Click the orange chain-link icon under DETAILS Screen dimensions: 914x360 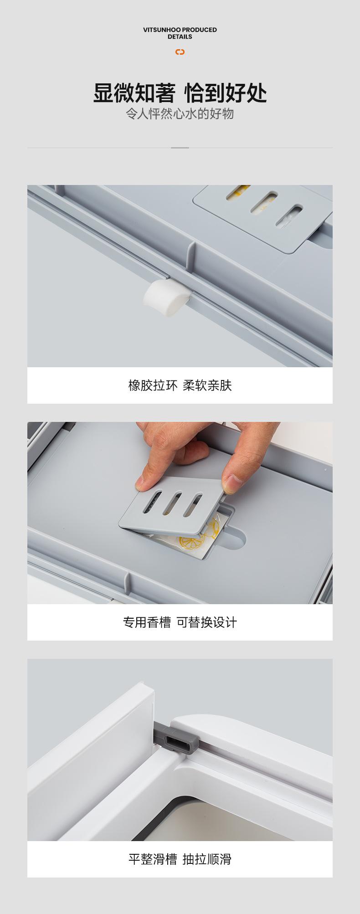[180, 52]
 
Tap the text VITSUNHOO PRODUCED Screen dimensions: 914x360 [180, 30]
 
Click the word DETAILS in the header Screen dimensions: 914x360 [180, 37]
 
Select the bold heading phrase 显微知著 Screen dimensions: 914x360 [134, 93]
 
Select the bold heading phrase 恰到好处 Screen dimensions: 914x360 [226, 93]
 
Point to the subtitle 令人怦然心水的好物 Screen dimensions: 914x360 [180, 114]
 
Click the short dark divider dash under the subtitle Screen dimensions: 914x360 [180, 148]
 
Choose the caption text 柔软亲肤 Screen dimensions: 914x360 [207, 385]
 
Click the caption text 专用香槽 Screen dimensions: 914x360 [147, 622]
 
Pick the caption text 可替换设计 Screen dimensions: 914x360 [207, 622]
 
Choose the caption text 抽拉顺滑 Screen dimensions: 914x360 [207, 859]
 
